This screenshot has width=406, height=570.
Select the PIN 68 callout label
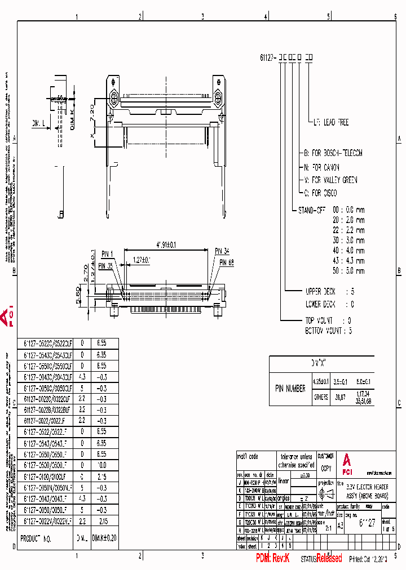(228, 262)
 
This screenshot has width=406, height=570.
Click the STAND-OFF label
(314, 209)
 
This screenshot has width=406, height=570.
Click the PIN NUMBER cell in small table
(290, 388)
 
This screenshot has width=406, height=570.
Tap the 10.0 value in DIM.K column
(101, 466)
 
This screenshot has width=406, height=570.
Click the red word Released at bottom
(329, 558)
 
